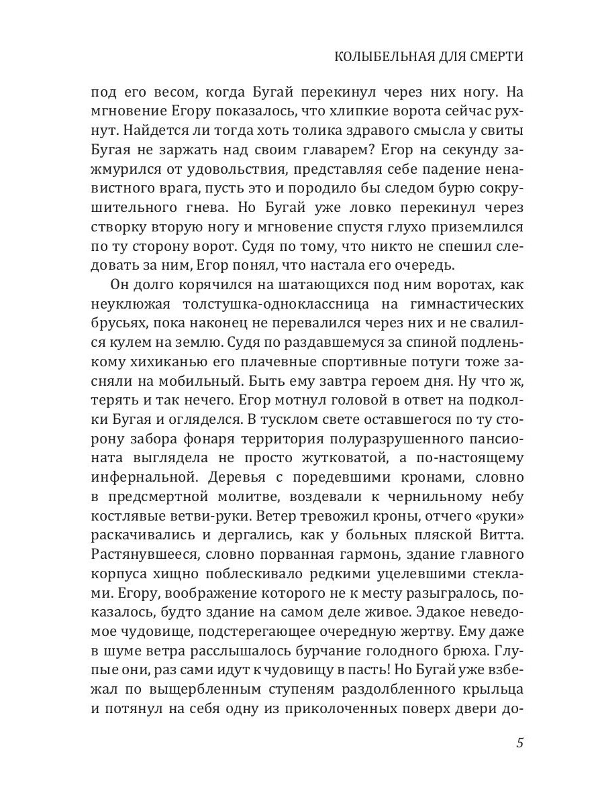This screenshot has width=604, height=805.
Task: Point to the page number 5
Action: [519, 744]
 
